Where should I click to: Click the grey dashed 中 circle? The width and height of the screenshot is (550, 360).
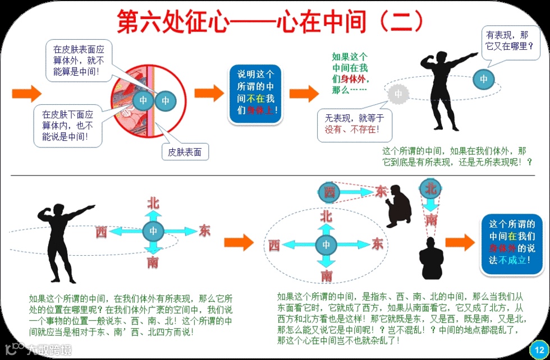397,94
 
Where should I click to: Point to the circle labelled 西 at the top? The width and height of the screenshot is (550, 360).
329,192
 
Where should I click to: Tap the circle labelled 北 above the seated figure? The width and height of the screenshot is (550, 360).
430,188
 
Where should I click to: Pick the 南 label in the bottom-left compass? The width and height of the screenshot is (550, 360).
153,261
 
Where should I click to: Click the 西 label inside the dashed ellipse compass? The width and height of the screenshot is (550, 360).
274,245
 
